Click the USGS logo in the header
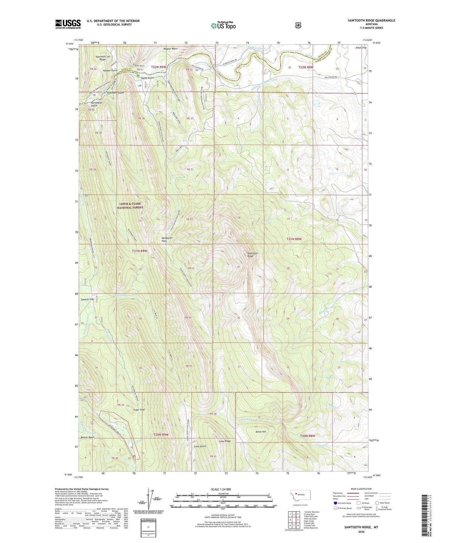pos(68,24)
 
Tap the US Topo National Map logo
pos(223,25)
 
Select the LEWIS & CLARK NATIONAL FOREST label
pos(130,206)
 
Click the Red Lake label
pos(188,141)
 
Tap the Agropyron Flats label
pos(167,239)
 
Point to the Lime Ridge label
pos(225,441)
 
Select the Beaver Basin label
pos(87,438)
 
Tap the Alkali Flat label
pos(361,48)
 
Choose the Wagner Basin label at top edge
pos(170,49)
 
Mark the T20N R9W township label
pos(161,434)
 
